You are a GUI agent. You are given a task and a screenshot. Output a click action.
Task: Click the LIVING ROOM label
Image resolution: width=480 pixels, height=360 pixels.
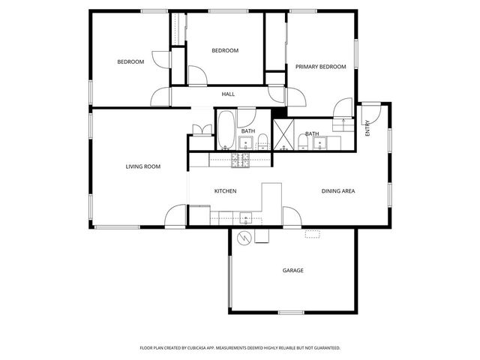point(142,166)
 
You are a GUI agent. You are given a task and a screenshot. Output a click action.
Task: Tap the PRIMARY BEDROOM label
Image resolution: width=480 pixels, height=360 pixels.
point(320,67)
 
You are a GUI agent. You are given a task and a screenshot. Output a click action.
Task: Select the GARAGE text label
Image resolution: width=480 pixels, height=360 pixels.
point(292,270)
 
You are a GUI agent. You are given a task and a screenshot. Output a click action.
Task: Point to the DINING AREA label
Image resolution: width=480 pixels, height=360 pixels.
point(338,191)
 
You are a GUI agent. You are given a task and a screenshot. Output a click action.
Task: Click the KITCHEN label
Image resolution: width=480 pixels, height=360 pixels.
point(225,191)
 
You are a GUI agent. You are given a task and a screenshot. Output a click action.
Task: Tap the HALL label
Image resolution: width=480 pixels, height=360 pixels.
point(228,94)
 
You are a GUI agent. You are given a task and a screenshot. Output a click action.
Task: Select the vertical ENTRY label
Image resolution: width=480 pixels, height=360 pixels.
point(367,128)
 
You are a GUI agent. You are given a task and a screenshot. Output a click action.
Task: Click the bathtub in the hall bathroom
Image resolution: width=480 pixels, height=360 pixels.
point(225,130)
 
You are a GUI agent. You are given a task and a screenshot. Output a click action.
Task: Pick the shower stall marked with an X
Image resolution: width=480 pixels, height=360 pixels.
point(282,135)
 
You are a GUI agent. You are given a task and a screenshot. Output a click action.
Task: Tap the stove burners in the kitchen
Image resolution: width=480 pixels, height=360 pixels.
point(240,159)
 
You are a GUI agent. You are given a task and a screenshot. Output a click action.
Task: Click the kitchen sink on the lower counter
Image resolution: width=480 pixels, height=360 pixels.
point(246,219)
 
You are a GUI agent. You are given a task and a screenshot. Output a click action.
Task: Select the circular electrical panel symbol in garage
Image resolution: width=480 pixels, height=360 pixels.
point(244,238)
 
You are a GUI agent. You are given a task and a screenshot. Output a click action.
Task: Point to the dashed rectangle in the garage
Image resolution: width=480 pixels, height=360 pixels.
point(312,234)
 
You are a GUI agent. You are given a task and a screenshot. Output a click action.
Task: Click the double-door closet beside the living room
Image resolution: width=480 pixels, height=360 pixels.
point(199,129)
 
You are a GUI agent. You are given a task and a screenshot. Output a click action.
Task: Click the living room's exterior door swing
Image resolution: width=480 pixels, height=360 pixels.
point(175,216)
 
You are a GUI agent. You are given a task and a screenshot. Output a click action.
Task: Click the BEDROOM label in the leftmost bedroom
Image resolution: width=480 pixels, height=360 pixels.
point(130,61)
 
